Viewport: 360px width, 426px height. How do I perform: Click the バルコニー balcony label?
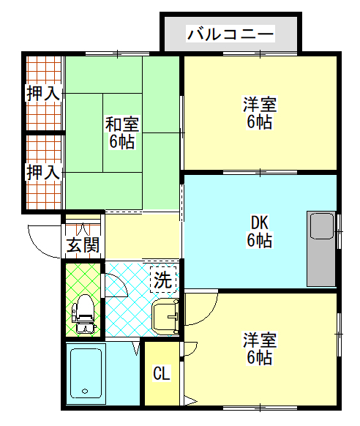(230, 34)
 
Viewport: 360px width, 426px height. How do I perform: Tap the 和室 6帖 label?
(122, 132)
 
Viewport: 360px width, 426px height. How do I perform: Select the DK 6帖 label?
(259, 231)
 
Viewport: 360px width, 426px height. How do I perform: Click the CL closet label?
(162, 373)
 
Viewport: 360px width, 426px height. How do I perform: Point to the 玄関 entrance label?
(83, 245)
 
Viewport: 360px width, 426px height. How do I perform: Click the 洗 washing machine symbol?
(163, 280)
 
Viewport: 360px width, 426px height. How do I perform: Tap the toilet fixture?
(83, 314)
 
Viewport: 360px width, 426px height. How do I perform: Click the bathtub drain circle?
(86, 391)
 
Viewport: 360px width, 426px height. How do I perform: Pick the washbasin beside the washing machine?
(165, 316)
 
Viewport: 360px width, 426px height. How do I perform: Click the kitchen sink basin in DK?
(322, 226)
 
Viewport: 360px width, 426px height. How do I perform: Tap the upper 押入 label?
(43, 93)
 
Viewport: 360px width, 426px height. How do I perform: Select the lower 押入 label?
(43, 172)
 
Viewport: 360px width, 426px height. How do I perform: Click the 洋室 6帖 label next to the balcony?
(260, 113)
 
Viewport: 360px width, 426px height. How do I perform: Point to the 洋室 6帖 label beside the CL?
(260, 348)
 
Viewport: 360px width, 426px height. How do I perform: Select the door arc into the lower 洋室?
(209, 315)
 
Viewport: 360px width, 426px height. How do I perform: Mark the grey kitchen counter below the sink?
(322, 263)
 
